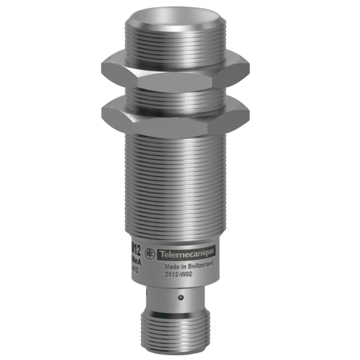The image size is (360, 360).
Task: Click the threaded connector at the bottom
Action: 174,336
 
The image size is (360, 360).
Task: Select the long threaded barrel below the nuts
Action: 175,180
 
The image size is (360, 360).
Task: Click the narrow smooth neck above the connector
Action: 174,297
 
